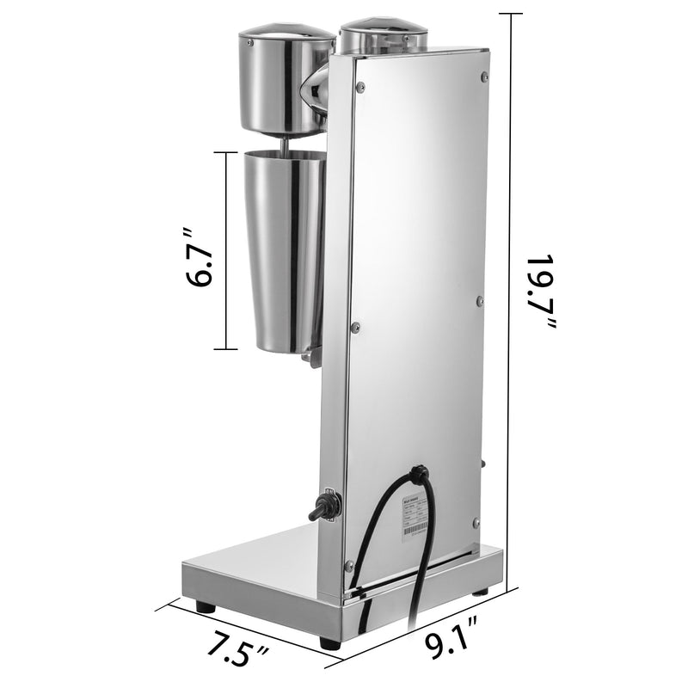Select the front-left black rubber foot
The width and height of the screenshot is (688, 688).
tap(205, 606)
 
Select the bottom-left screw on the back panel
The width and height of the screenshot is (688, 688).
tap(348, 565)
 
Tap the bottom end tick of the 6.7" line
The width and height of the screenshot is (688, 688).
tap(225, 348)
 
